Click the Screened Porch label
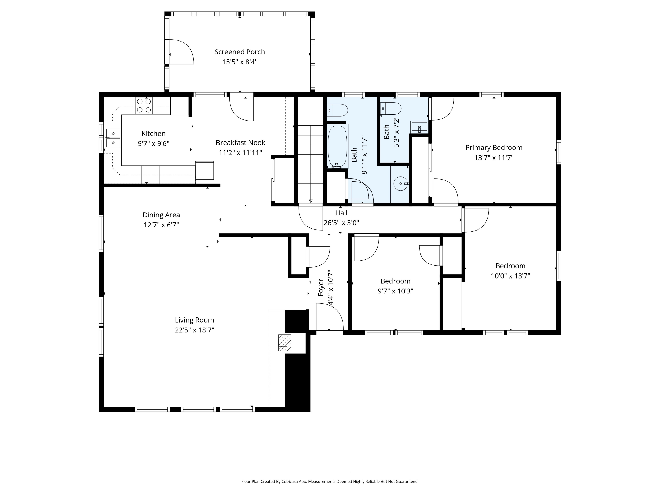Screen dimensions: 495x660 click(x=240, y=52)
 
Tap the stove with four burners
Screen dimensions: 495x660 click(x=144, y=106)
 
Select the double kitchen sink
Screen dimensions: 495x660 click(x=113, y=138)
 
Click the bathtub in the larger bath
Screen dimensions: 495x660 click(x=337, y=147)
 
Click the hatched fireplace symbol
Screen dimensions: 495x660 click(x=284, y=343)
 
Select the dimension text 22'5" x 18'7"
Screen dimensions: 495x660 click(x=194, y=330)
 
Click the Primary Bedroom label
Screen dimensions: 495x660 click(x=494, y=148)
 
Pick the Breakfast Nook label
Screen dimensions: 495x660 click(x=240, y=143)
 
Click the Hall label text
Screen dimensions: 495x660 click(x=341, y=213)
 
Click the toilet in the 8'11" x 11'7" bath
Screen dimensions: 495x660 click(x=337, y=110)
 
